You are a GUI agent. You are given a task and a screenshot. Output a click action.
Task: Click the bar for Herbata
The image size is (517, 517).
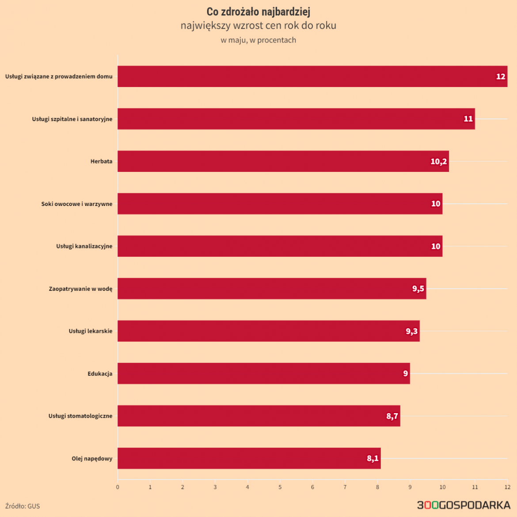(x=283, y=161)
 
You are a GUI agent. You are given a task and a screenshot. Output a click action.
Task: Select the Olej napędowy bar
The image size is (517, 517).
(x=249, y=458)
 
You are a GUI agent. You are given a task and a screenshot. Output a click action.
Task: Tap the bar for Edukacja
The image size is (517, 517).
(x=263, y=373)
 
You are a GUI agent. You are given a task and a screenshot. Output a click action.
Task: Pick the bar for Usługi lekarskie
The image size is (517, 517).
(x=268, y=331)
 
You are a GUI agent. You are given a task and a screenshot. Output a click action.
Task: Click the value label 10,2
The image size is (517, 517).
(x=438, y=162)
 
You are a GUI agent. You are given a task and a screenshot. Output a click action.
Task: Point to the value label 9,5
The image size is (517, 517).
(x=418, y=289)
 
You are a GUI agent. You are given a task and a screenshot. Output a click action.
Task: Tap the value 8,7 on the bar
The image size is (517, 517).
(x=392, y=416)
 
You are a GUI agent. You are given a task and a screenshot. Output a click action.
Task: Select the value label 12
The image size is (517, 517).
(x=500, y=77)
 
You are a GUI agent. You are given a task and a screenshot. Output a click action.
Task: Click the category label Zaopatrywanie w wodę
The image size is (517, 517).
(x=80, y=289)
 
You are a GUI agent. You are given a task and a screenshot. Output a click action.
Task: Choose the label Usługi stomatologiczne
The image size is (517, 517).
(x=80, y=416)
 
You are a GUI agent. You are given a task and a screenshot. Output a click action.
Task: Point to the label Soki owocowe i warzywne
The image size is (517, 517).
(x=77, y=204)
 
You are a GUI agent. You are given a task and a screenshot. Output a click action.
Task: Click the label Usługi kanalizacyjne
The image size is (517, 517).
(x=84, y=246)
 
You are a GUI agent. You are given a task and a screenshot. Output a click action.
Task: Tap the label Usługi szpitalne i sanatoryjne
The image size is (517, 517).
(x=72, y=119)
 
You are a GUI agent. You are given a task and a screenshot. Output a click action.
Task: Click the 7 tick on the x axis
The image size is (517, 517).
(x=345, y=487)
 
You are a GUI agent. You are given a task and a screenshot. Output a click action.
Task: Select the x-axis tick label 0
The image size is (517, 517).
(x=118, y=487)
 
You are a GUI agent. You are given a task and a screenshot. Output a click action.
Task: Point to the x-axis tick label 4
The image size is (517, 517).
(x=247, y=487)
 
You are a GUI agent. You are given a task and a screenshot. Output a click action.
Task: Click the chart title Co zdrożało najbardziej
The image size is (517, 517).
(x=258, y=12)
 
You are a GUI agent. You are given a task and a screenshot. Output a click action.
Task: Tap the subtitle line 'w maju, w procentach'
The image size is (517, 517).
(x=258, y=40)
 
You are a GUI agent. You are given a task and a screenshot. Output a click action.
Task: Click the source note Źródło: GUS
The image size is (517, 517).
(x=23, y=506)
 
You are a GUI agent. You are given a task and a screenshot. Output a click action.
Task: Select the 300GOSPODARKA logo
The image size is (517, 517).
(x=464, y=506)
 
